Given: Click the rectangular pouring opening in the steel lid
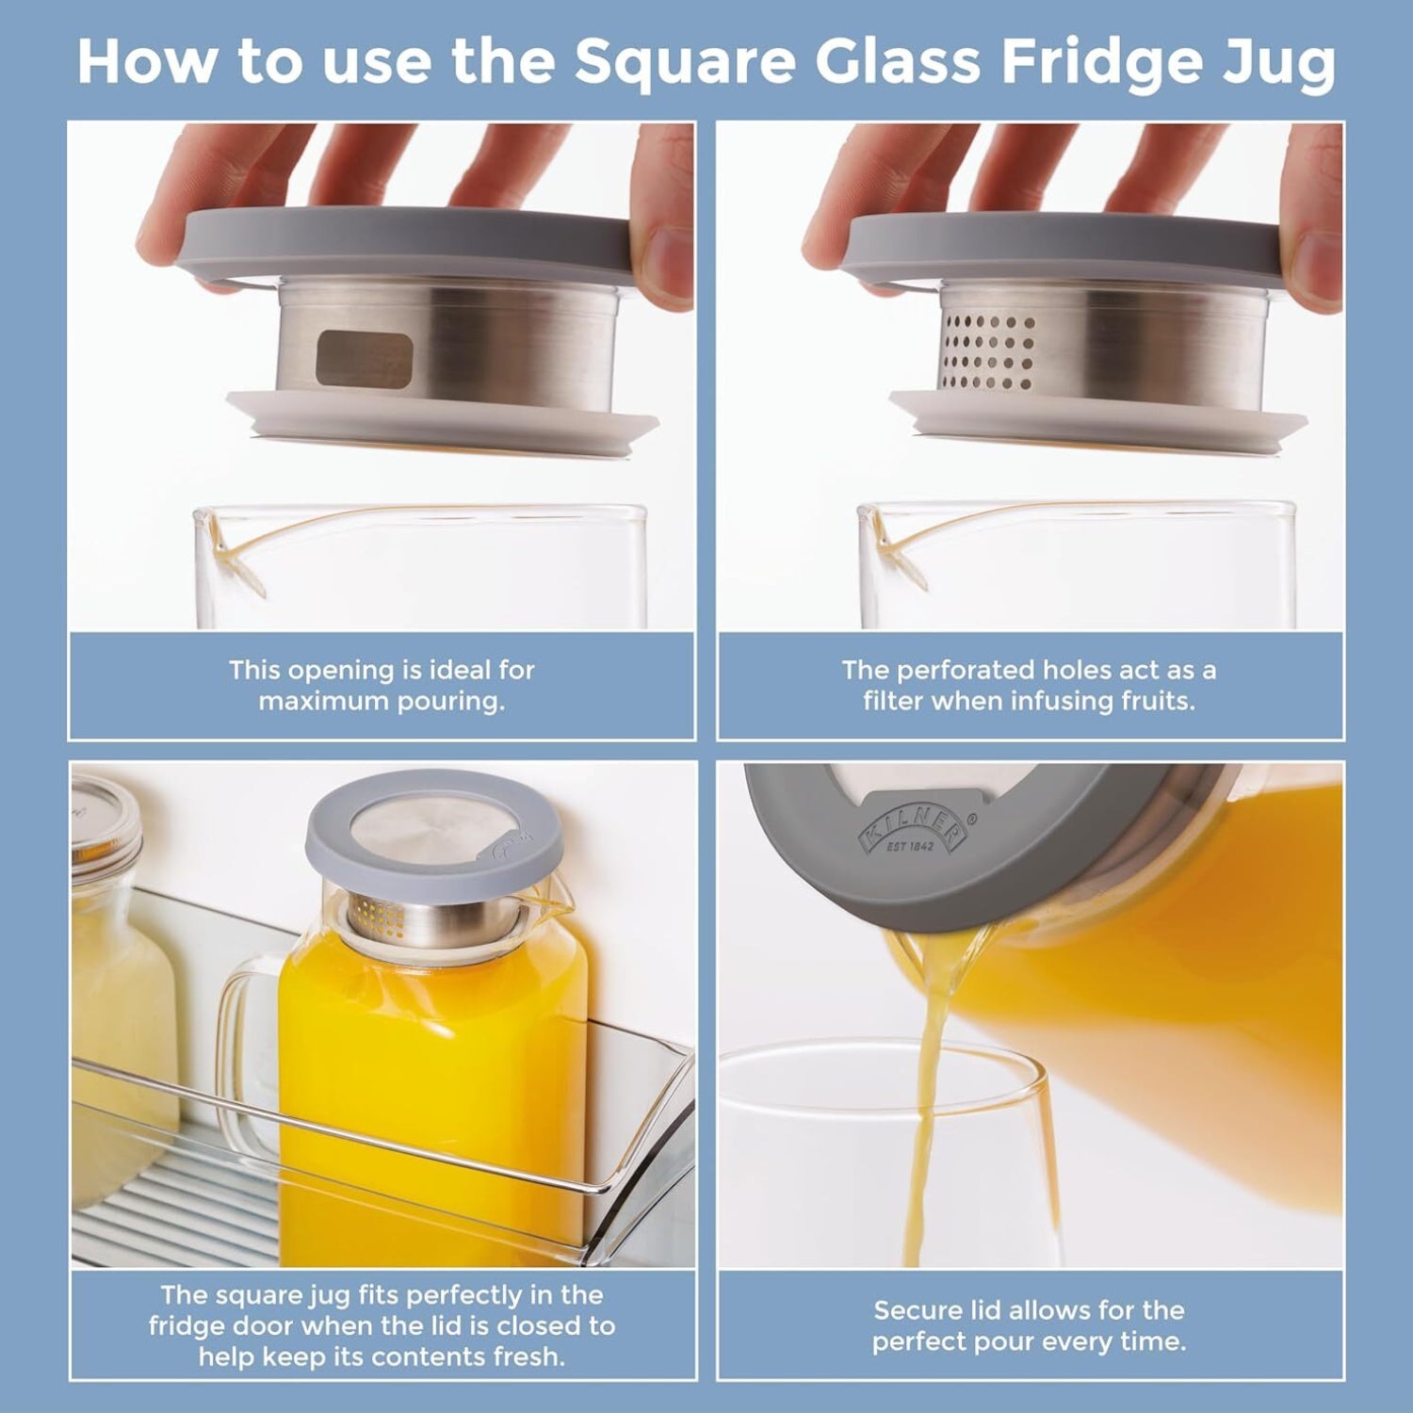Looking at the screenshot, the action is pyautogui.click(x=364, y=359).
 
